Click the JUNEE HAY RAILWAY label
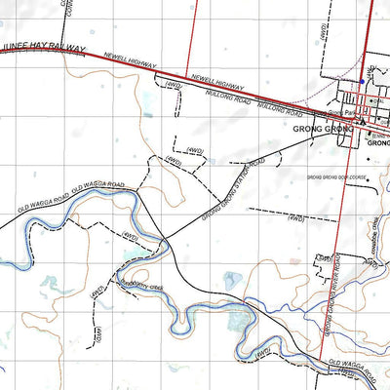[x=44, y=50]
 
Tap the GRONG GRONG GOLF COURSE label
[x=335, y=177]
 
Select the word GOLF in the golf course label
[x=341, y=177]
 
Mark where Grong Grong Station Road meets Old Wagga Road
[x=163, y=237]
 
